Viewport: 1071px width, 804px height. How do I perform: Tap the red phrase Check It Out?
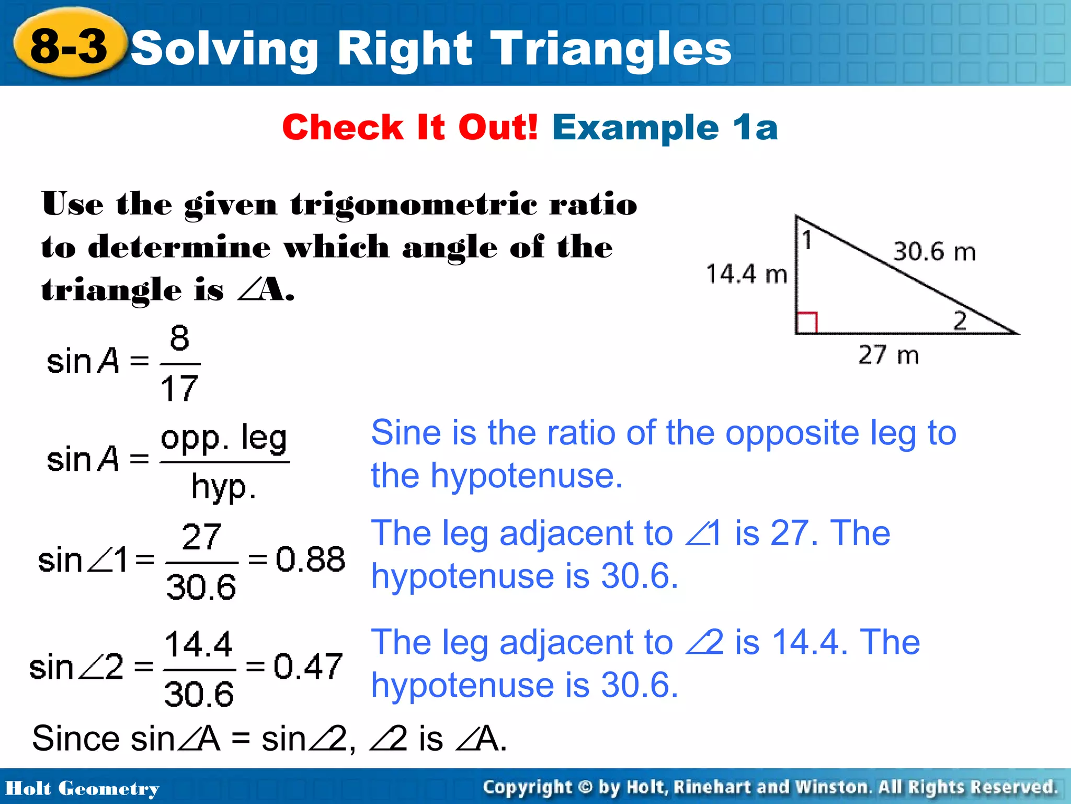(x=410, y=127)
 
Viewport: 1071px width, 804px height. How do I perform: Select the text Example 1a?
(x=665, y=127)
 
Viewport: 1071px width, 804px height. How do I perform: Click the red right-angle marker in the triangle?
(x=806, y=322)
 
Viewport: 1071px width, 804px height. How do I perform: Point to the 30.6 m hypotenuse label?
(x=934, y=251)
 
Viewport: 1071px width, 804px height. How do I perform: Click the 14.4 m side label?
(x=746, y=274)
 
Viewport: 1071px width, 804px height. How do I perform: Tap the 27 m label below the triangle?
(x=888, y=355)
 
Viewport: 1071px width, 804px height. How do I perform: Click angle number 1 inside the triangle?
(x=807, y=240)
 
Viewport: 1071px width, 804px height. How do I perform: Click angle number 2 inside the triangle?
(x=959, y=320)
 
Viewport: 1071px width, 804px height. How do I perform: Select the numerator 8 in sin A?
(x=179, y=338)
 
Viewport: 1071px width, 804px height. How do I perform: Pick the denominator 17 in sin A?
(x=179, y=388)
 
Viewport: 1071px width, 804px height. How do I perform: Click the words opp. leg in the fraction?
(x=224, y=438)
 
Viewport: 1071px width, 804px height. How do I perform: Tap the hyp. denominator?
(x=224, y=487)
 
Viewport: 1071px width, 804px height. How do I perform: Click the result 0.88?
(x=310, y=559)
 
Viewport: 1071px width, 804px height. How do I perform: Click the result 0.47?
(x=308, y=666)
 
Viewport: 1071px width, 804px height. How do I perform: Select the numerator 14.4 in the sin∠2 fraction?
(x=198, y=644)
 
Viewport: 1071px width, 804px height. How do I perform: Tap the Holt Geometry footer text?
(x=82, y=788)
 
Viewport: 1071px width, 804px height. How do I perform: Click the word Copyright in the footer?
(x=527, y=787)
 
